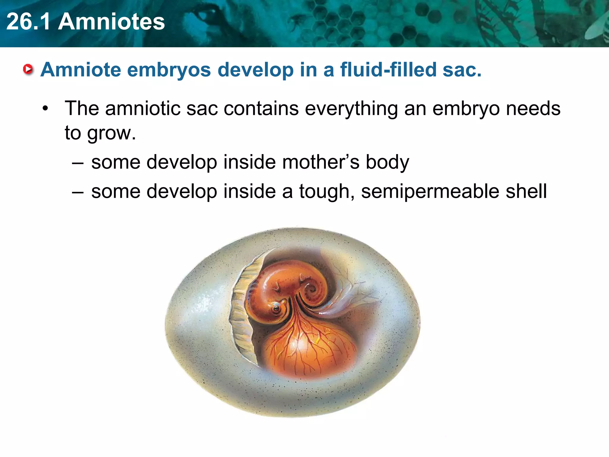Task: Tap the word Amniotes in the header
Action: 111,21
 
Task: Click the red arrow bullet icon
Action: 28,70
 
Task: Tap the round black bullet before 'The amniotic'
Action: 45,109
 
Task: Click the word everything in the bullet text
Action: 351,109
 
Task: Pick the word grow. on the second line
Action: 111,133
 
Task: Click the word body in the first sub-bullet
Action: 387,163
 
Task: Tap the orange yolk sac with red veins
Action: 309,351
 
